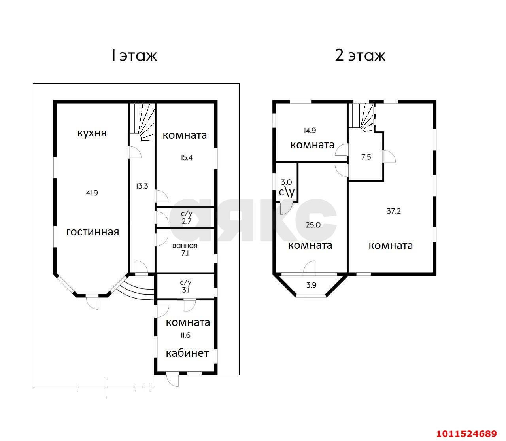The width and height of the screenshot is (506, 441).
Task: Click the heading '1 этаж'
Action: (134, 56)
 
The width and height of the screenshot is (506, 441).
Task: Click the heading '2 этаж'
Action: (361, 56)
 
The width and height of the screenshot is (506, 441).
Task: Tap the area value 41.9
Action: (92, 193)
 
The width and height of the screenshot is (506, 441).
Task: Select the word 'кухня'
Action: (92, 133)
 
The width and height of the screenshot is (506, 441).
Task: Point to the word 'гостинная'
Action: (93, 232)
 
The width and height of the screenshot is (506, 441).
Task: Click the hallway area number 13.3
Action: (142, 186)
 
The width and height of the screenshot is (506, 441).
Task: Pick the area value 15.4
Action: (187, 157)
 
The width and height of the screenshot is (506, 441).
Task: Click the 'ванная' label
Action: (185, 246)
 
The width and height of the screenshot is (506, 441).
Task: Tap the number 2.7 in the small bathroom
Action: (187, 221)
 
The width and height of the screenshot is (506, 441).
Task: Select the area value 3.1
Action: (186, 290)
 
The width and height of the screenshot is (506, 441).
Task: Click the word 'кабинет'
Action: (187, 353)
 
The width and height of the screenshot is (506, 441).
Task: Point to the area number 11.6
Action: (185, 335)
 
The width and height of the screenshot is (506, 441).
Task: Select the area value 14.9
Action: (310, 131)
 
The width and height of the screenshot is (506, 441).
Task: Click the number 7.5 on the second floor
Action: (366, 157)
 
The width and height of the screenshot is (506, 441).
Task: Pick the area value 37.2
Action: (394, 211)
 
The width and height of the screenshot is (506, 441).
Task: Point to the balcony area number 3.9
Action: (312, 285)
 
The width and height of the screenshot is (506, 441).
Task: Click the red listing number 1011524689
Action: (466, 433)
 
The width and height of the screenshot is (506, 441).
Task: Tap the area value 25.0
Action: (313, 225)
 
